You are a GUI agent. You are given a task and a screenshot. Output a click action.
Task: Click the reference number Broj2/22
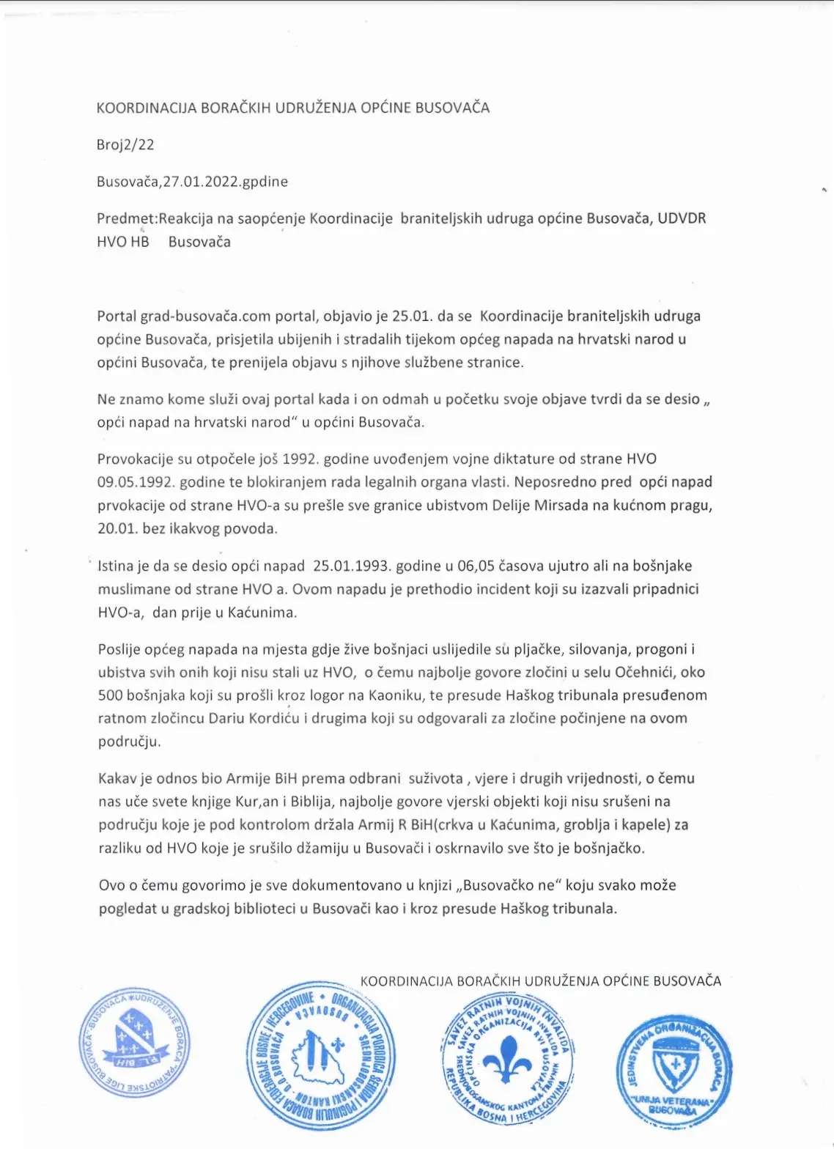[x=125, y=144]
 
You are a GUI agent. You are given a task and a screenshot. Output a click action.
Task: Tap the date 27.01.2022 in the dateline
[x=202, y=181]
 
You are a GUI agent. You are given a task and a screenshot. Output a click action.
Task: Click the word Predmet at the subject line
[x=125, y=218]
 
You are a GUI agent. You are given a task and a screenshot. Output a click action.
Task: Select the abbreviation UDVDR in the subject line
[x=682, y=218]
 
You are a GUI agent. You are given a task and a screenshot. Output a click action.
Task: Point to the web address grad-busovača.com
[x=206, y=316]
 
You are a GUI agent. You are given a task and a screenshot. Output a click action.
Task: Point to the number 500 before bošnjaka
[x=111, y=695]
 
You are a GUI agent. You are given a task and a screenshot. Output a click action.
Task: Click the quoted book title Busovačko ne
[x=511, y=885]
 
